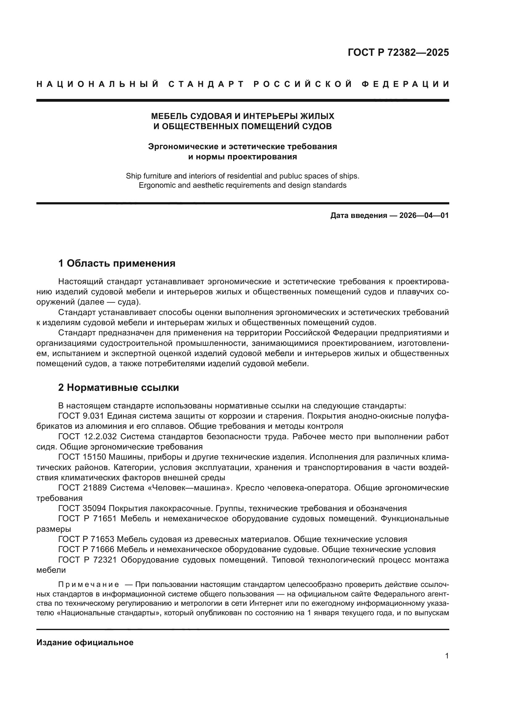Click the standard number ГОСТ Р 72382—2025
[x=398, y=52]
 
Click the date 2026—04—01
[x=424, y=215]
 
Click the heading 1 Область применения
[x=117, y=263]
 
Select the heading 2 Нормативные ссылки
[x=118, y=387]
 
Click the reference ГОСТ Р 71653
[x=87, y=539]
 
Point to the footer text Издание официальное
[x=85, y=642]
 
